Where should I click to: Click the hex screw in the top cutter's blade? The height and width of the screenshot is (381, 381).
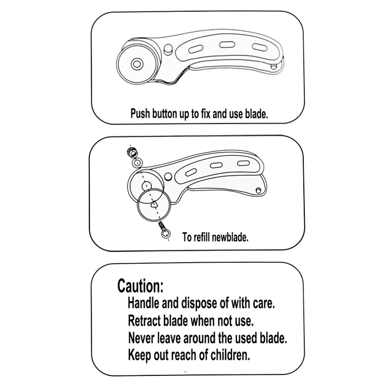(x=137, y=64)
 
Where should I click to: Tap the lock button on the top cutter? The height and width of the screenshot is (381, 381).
(x=168, y=48)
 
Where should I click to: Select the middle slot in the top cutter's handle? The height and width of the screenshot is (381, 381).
(x=227, y=45)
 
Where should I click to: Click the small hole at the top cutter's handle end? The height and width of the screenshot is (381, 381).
(x=274, y=66)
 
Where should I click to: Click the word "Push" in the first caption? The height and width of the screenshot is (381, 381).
(x=140, y=113)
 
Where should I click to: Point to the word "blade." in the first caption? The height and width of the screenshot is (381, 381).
(x=257, y=114)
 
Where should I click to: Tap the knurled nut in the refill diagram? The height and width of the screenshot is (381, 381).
(x=132, y=152)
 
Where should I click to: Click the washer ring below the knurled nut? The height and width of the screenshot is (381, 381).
(x=137, y=163)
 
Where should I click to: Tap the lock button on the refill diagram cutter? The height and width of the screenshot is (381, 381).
(x=168, y=177)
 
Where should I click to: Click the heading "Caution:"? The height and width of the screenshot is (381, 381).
(x=140, y=285)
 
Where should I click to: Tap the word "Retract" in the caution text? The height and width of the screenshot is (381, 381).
(x=144, y=321)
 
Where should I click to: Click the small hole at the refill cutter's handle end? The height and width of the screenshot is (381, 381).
(x=259, y=190)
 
